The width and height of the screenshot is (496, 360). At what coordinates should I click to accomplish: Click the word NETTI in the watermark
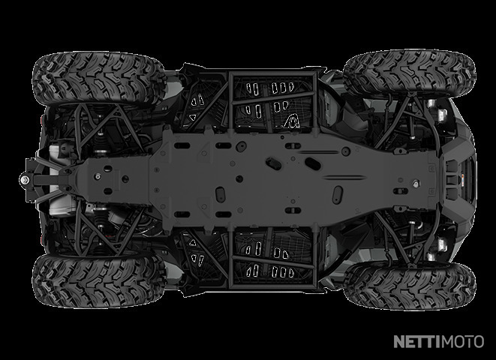[x=417, y=342]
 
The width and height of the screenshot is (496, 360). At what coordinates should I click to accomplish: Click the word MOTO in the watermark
[x=462, y=342]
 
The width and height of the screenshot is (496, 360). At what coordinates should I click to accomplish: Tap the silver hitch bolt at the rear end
[x=24, y=179]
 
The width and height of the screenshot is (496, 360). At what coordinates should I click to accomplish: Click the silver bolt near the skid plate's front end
[x=416, y=183]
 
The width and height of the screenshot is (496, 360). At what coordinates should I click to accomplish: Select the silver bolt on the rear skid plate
[x=98, y=176]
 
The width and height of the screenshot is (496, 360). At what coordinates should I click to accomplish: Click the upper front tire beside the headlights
[x=409, y=74]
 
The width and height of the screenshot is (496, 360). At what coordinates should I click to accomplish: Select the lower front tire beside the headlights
[x=409, y=286]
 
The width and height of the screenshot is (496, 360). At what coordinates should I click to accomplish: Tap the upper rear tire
[x=99, y=79]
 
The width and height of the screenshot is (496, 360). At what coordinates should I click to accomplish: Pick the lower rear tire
[x=99, y=281]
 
